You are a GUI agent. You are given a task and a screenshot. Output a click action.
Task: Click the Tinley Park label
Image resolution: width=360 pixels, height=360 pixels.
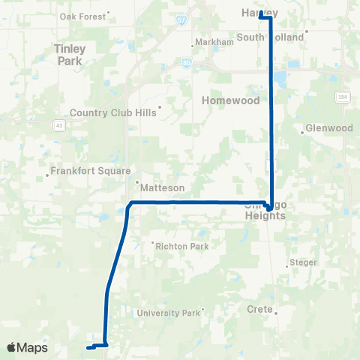(70, 55)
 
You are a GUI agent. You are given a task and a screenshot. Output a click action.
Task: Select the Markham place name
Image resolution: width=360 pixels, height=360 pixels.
(214, 42)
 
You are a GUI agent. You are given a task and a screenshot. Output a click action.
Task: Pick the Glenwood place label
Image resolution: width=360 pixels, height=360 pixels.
(330, 128)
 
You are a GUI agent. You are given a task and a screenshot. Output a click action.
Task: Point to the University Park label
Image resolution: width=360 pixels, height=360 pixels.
(169, 313)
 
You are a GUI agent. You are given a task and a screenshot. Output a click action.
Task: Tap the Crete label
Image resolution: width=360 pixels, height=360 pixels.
(259, 308)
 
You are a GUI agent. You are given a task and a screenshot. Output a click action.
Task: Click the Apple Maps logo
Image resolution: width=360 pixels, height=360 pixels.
(27, 347)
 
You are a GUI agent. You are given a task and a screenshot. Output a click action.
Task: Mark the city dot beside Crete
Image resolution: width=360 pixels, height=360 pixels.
(275, 313)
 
